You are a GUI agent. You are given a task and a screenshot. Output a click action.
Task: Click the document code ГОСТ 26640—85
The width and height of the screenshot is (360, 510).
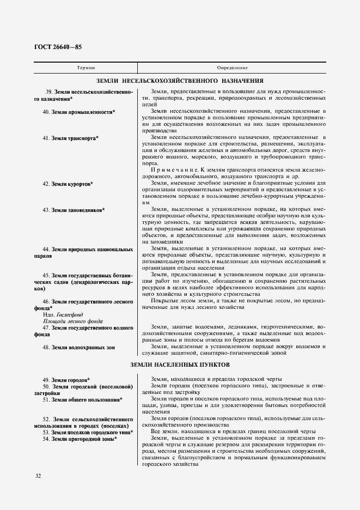pos(58,47)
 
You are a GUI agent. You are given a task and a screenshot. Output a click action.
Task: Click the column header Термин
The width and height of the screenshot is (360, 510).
pos(86,68)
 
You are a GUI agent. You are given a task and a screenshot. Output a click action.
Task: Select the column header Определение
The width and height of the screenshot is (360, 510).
pos(233,68)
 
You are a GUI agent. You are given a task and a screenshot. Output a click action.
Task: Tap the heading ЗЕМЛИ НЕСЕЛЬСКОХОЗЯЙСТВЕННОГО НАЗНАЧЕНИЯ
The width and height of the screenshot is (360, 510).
pos(179,80)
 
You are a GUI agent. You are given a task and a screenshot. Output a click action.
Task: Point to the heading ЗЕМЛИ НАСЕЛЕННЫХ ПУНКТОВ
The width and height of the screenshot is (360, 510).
pos(180,363)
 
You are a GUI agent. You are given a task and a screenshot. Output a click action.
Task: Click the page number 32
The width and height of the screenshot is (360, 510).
pos(38,476)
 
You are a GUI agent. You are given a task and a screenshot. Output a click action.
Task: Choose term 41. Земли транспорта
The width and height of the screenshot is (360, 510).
pos(71,138)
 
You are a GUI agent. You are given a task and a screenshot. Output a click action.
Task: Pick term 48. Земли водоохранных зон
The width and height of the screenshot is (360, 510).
pos(80,347)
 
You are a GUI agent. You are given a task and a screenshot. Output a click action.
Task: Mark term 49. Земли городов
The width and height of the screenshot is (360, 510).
pos(66,379)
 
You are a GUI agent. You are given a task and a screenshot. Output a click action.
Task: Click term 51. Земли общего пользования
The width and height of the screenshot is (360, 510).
pos(82,399)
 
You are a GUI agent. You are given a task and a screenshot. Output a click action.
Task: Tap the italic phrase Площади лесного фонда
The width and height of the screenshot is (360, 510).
pos(72,321)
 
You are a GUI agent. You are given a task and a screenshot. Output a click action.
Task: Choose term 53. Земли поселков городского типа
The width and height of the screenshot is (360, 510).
pos(88,432)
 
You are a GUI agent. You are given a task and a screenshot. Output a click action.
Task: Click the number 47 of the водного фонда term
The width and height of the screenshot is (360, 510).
pos(46,327)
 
